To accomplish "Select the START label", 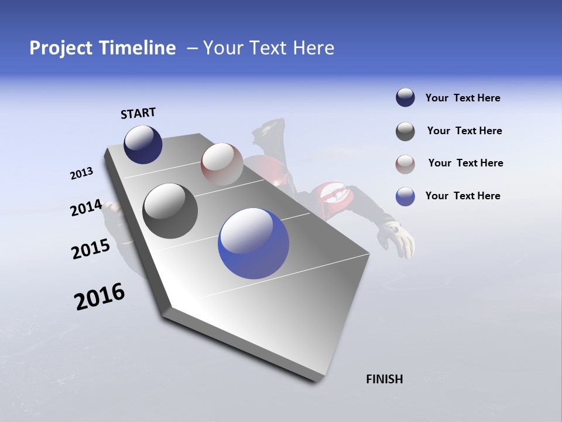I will click(138, 113).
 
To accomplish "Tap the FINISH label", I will click(384, 379).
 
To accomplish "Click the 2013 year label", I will click(81, 173).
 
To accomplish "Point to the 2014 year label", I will click(86, 208).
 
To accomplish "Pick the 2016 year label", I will click(100, 297).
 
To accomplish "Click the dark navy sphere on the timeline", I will click(143, 144).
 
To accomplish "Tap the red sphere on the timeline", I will click(222, 164).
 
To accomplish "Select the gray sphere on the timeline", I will click(170, 210).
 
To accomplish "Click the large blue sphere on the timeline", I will click(253, 243).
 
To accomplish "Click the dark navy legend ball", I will click(405, 98).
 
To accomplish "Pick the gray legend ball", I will click(405, 131).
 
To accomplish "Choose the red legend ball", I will click(405, 164).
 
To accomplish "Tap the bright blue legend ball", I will click(405, 196).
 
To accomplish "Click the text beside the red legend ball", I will click(465, 163).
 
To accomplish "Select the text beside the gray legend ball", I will click(464, 131).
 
